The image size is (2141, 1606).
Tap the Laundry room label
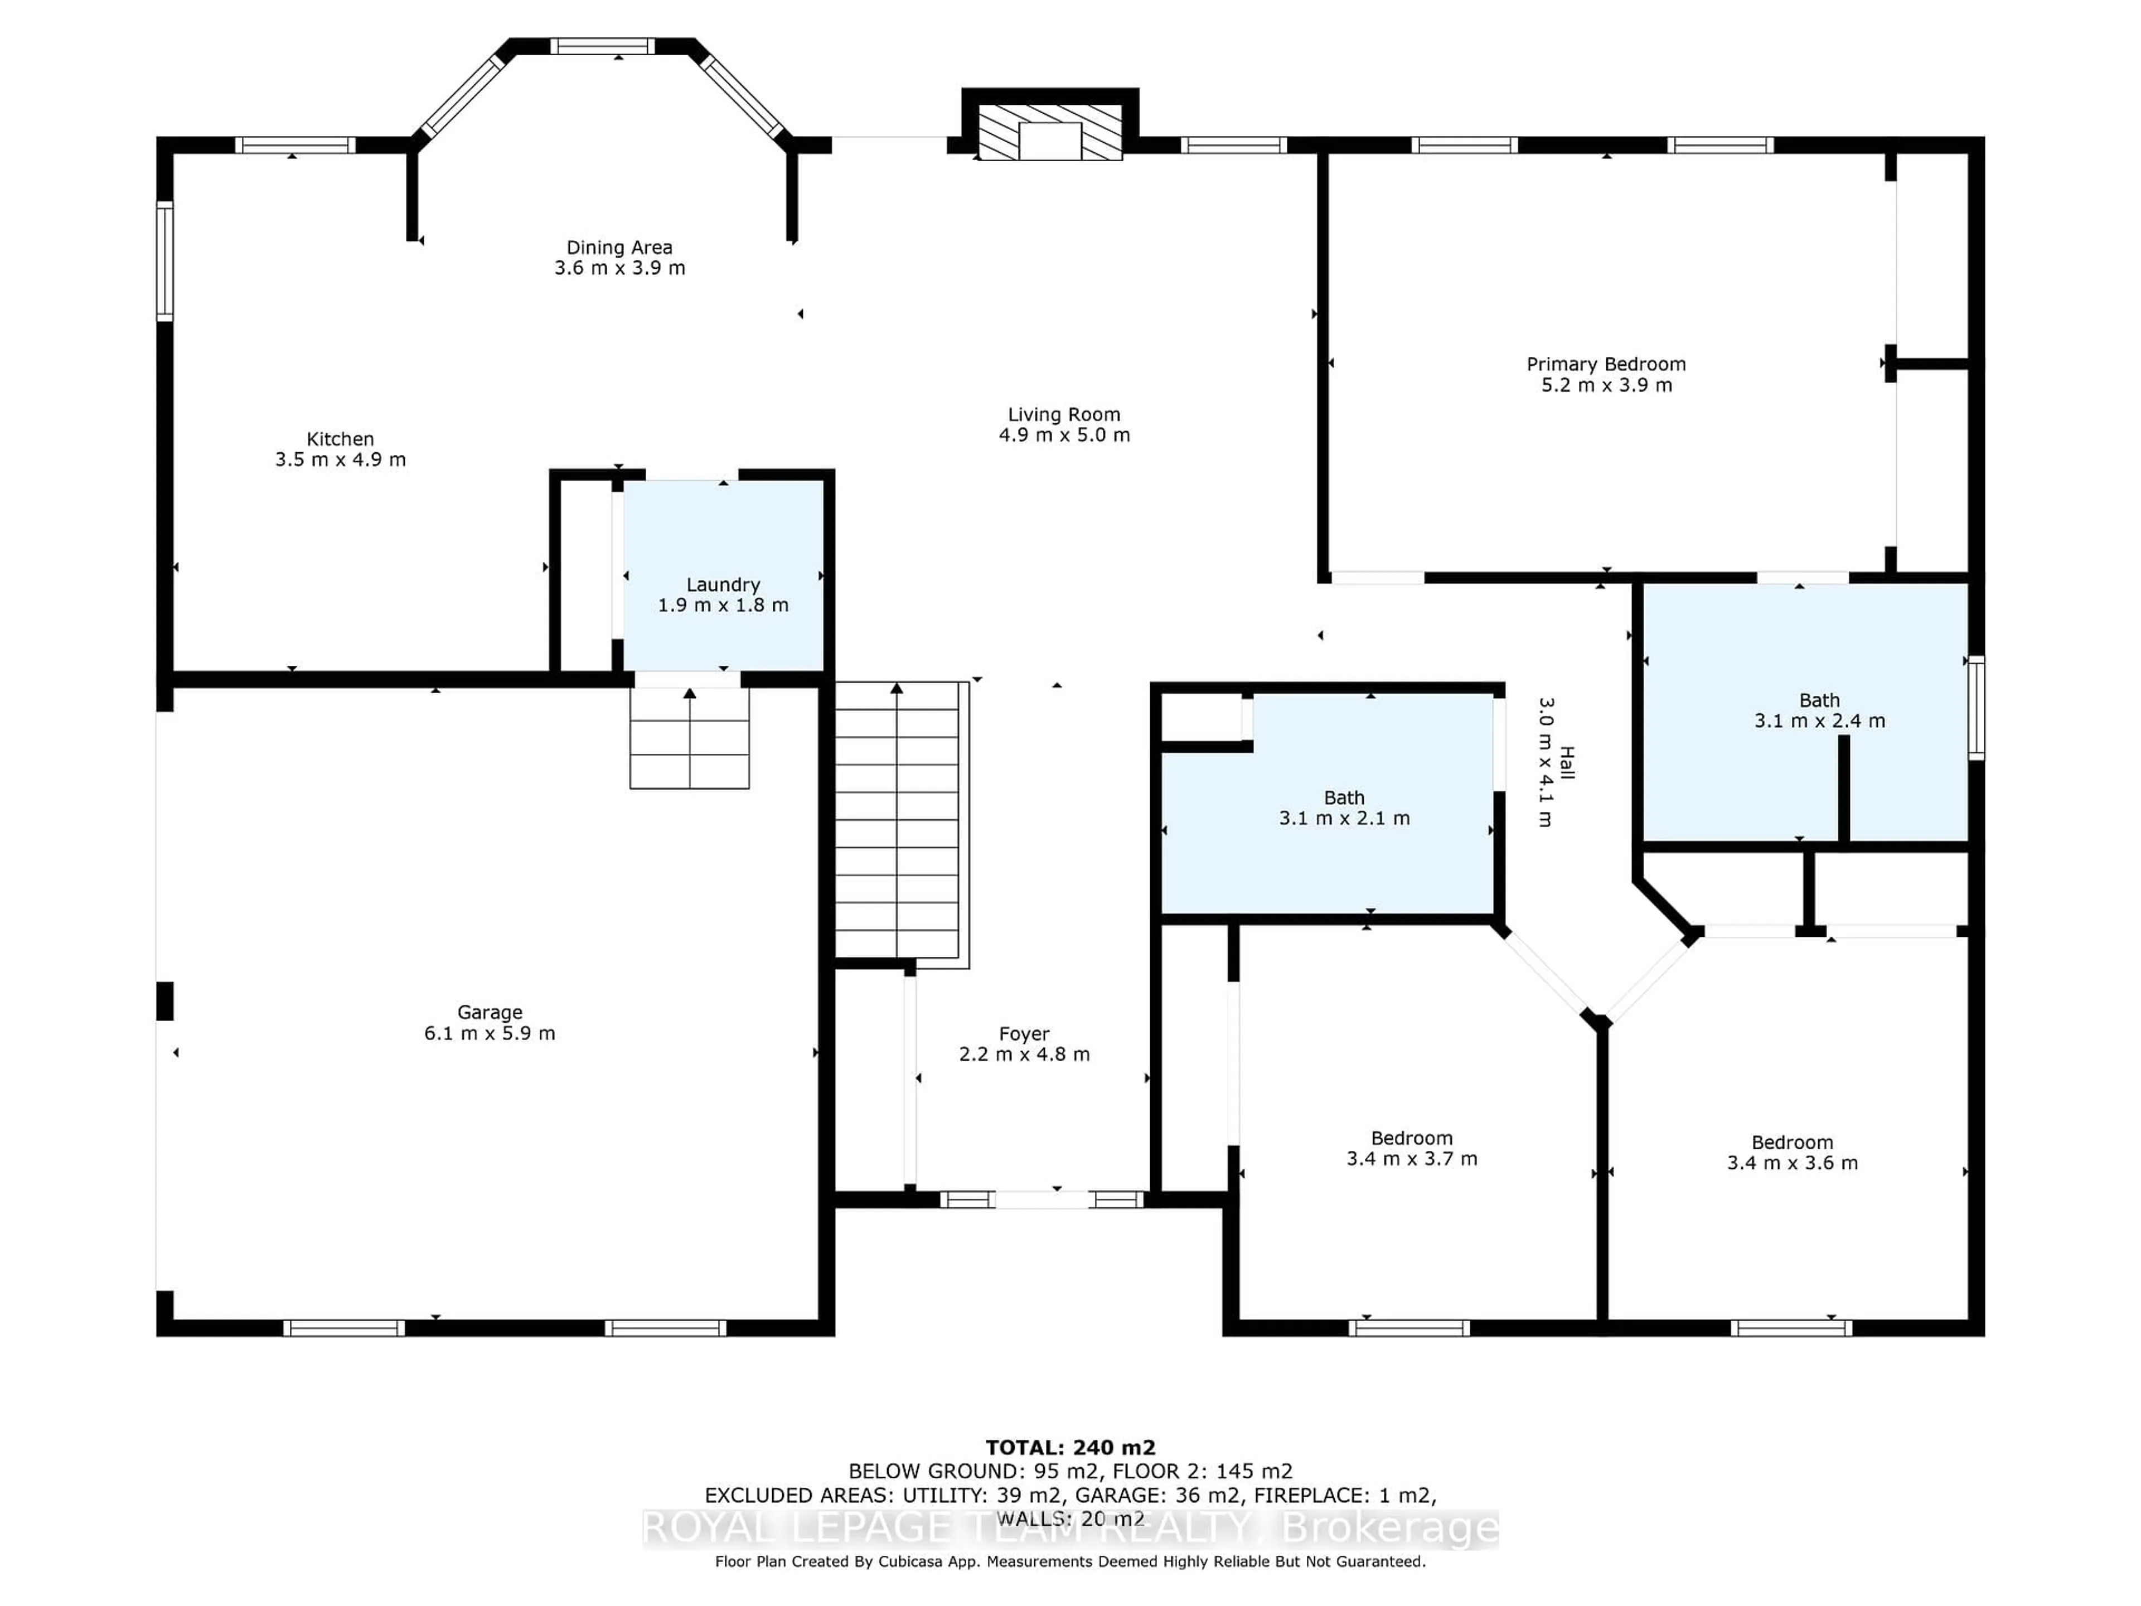click(723, 585)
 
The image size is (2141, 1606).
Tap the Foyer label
click(1024, 1034)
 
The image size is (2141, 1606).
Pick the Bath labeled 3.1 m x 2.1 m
click(1344, 807)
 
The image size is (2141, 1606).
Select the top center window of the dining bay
click(602, 46)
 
